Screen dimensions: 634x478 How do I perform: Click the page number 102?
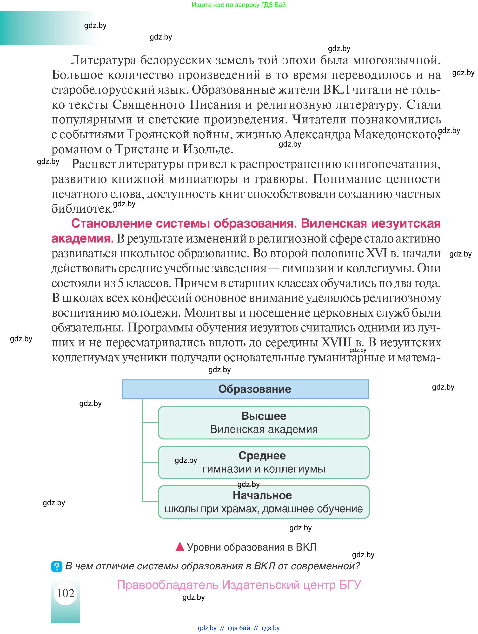(x=66, y=593)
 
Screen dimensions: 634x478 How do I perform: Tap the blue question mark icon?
(x=56, y=567)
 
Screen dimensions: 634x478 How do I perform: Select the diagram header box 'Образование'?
(x=246, y=389)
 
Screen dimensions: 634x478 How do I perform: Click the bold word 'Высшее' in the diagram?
(x=264, y=416)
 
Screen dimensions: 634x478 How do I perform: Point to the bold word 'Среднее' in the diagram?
(x=262, y=455)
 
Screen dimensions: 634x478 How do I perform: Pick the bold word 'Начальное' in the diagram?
(x=262, y=495)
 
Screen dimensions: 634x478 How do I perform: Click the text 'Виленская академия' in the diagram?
(x=264, y=429)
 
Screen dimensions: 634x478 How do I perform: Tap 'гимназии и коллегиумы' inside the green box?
(x=264, y=469)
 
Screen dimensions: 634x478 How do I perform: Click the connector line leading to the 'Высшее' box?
(x=150, y=423)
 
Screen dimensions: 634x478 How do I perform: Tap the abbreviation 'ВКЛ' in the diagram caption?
(x=306, y=547)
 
